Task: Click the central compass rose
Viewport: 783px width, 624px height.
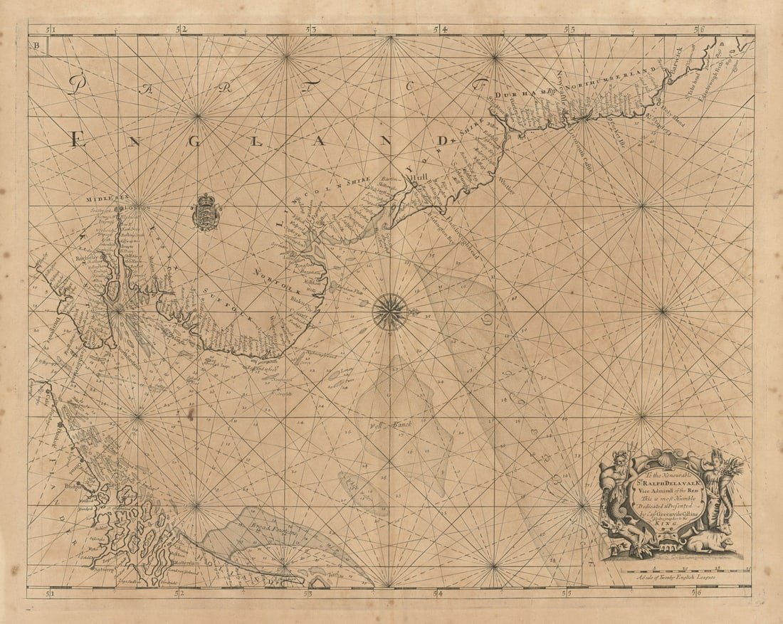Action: coord(390,312)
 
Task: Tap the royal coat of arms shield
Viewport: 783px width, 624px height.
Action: coord(206,212)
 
